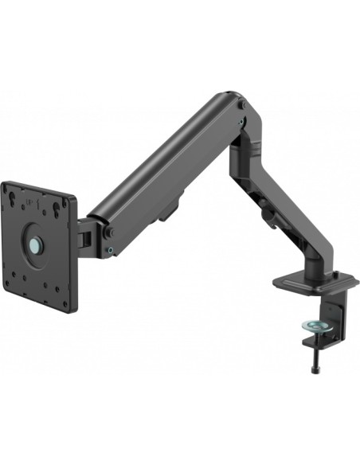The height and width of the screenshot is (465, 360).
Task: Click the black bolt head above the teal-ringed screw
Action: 109,232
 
